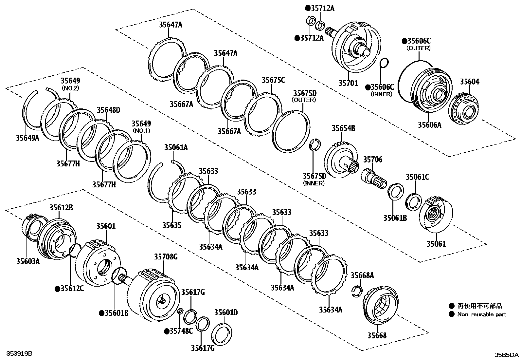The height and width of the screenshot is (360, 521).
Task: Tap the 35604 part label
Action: tap(470, 82)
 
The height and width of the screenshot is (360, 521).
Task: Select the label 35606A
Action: tap(429, 124)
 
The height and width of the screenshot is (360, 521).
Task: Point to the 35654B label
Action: tap(343, 128)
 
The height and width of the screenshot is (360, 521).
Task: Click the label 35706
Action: tap(373, 160)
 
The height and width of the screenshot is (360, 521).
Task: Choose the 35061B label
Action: tap(395, 217)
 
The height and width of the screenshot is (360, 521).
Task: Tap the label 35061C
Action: tap(417, 177)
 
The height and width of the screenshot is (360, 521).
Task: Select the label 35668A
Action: tap(362, 275)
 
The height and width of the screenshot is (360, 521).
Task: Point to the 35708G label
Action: tap(166, 257)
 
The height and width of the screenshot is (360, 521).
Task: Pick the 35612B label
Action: tap(61, 207)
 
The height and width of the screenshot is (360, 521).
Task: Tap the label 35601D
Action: tap(226, 313)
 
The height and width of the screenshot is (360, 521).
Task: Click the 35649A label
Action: tap(27, 138)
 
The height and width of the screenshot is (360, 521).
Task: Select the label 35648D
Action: tap(108, 110)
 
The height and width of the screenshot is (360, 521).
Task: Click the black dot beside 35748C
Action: tap(167, 331)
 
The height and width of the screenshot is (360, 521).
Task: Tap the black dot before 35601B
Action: tap(102, 313)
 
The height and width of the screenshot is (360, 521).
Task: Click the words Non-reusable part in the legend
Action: tap(482, 314)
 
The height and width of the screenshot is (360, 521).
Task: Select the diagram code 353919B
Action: tap(17, 354)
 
